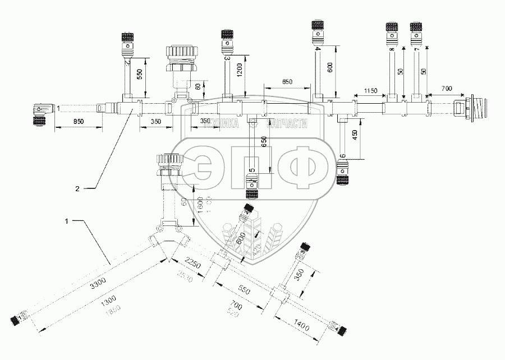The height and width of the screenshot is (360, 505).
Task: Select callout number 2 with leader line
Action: click(x=77, y=189)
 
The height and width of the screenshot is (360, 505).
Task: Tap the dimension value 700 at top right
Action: click(x=447, y=89)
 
